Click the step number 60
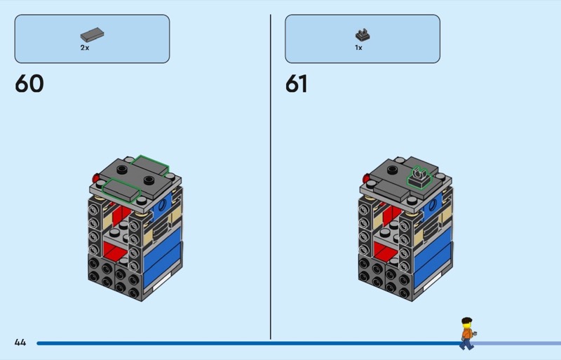coord(29,84)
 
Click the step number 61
coord(296,84)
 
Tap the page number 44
coord(20,342)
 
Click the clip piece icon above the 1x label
coord(362,33)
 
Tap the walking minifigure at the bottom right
coord(466,333)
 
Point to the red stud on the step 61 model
coord(365,178)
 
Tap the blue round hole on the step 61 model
coord(435,206)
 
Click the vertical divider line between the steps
coord(271,175)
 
